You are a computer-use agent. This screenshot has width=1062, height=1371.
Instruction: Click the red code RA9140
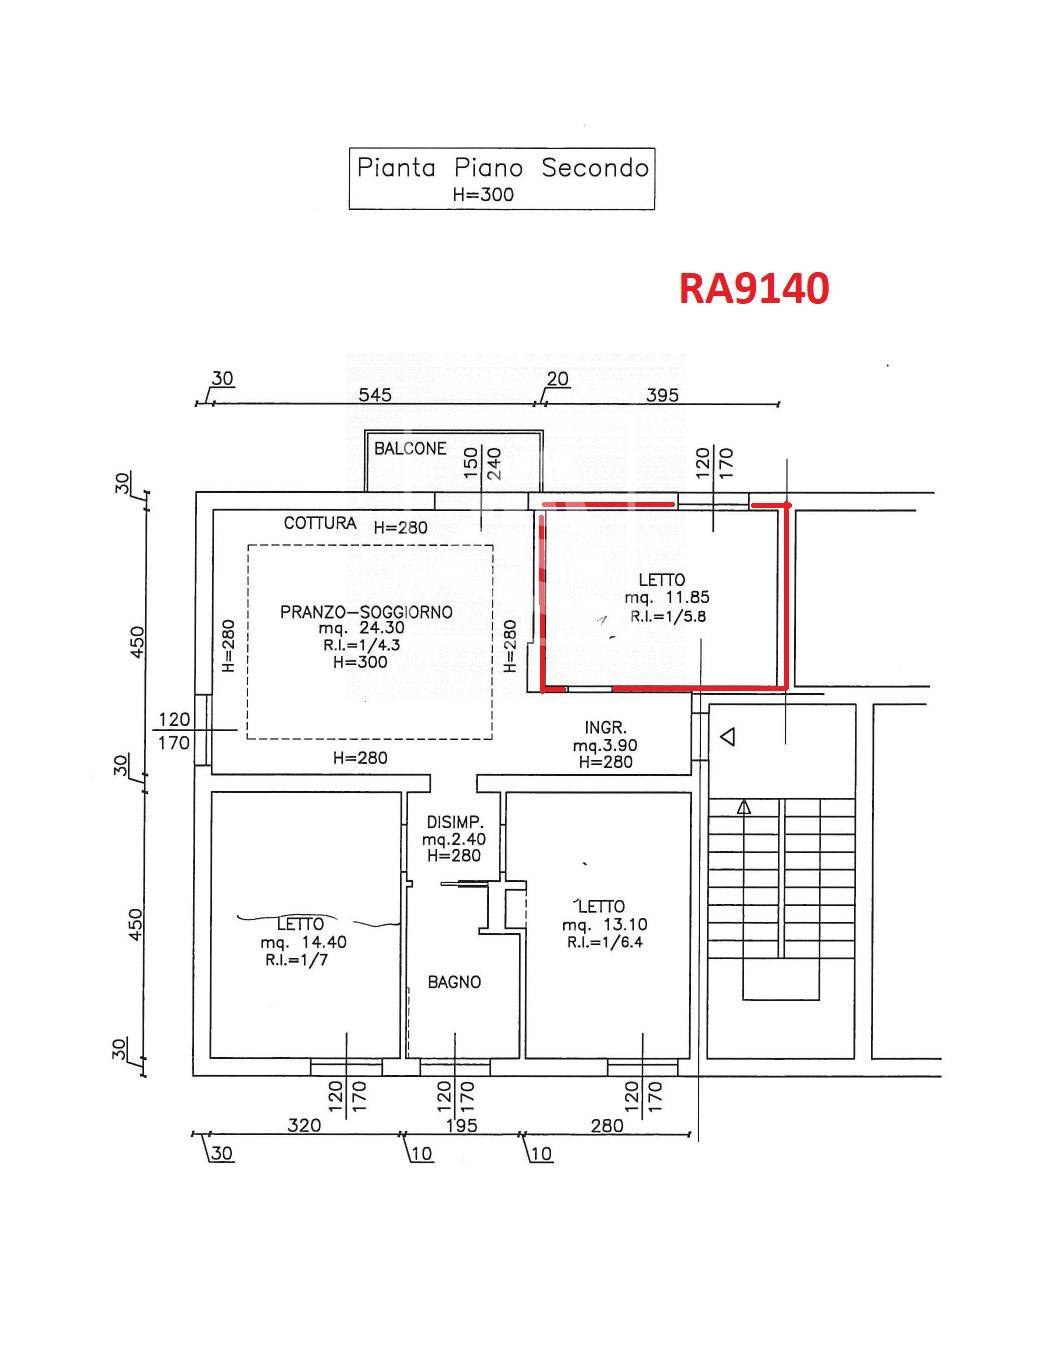754,288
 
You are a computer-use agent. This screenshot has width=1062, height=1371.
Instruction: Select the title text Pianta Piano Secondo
503,167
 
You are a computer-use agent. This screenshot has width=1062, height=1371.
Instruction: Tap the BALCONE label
410,449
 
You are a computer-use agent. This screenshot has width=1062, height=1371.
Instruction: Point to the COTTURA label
320,523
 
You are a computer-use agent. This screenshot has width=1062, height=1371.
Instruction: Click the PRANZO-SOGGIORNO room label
366,612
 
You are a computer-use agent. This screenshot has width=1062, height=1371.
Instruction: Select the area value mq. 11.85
667,598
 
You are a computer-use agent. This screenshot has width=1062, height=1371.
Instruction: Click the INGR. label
605,727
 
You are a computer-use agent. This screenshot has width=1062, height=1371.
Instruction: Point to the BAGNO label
454,982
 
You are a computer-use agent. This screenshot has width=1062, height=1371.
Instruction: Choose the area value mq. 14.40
303,942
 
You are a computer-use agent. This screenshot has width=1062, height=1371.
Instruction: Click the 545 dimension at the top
374,394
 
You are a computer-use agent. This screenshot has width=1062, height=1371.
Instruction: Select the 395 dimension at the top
662,394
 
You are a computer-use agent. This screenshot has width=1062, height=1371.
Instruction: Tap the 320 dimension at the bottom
304,1126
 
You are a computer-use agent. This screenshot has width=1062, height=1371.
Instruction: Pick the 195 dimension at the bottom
461,1126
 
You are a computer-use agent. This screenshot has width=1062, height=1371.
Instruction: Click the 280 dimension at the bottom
607,1126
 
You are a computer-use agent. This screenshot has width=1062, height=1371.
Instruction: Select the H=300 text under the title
483,194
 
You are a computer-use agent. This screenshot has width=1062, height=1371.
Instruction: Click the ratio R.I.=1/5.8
668,616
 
